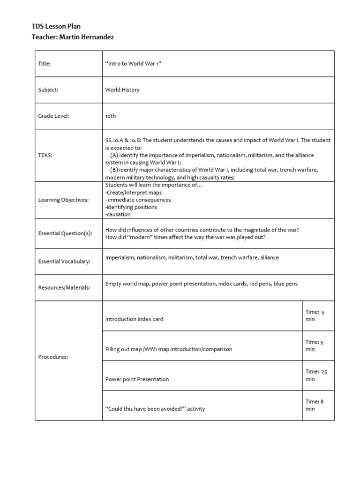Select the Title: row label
click(x=45, y=64)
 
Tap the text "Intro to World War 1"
click(x=134, y=64)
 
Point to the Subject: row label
click(x=48, y=90)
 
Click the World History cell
click(x=122, y=90)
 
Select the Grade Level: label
click(x=53, y=116)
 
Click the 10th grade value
click(x=111, y=116)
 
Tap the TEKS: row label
click(x=45, y=155)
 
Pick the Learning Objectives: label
click(x=63, y=200)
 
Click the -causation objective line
click(x=118, y=215)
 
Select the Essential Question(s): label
click(x=65, y=233)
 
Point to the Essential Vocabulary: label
click(x=64, y=262)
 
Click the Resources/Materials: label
click(x=64, y=287)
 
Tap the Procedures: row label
click(x=53, y=357)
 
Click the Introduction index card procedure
click(x=135, y=319)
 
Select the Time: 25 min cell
click(x=317, y=375)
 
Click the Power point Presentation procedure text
click(x=137, y=379)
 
